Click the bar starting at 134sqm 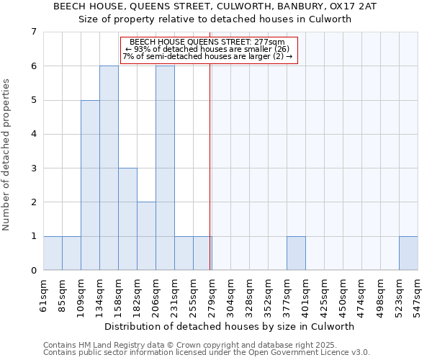pyautogui.click(x=109, y=168)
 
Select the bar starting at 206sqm pyautogui.click(x=165, y=168)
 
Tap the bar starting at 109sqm pyautogui.click(x=90, y=185)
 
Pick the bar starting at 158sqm pyautogui.click(x=127, y=219)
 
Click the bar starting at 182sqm pyautogui.click(x=146, y=236)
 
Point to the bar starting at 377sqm pyautogui.click(x=296, y=253)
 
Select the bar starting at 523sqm pyautogui.click(x=408, y=253)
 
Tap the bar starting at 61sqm pyautogui.click(x=53, y=253)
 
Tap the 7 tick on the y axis pyautogui.click(x=33, y=32)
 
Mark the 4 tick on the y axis pyautogui.click(x=33, y=134)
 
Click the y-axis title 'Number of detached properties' pyautogui.click(x=7, y=154)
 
